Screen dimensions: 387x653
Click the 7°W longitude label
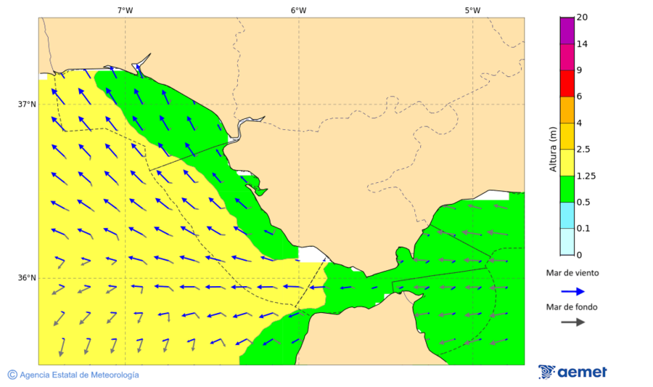[125, 10]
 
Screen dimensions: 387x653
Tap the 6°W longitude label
[298, 10]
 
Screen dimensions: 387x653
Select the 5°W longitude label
[472, 10]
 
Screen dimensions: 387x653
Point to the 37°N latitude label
[27, 104]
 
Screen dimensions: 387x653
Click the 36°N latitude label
[27, 278]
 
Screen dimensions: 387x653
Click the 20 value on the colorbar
[581, 17]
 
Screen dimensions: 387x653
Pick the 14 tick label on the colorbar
[581, 44]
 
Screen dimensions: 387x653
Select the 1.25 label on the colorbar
[586, 176]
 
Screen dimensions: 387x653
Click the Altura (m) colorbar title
[553, 150]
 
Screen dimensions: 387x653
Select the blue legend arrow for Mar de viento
[573, 291]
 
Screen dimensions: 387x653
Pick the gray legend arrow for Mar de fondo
[573, 322]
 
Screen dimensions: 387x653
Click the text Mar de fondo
[572, 306]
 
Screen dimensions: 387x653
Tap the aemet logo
[573, 372]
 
